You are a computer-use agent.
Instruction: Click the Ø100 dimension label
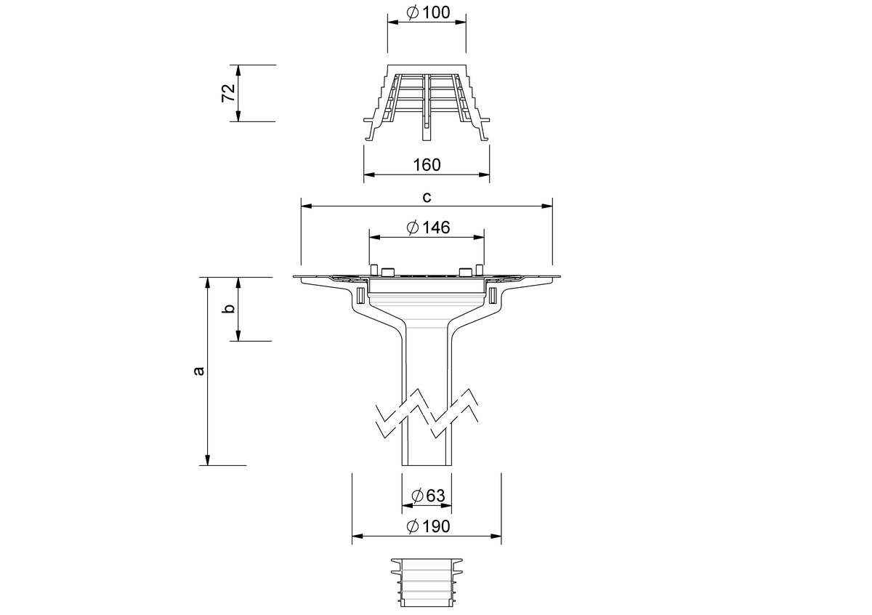pos(428,12)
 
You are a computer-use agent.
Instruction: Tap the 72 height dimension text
pos(228,93)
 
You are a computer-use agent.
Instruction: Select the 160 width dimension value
pos(427,165)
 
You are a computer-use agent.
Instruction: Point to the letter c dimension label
pos(427,197)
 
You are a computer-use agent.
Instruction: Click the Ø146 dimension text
pos(428,228)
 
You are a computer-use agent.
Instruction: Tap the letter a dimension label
pos(198,371)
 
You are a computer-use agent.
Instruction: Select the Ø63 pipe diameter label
pos(428,496)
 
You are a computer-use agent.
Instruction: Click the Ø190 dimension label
pos(428,526)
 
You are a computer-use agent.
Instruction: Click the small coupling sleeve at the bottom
pos(427,582)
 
